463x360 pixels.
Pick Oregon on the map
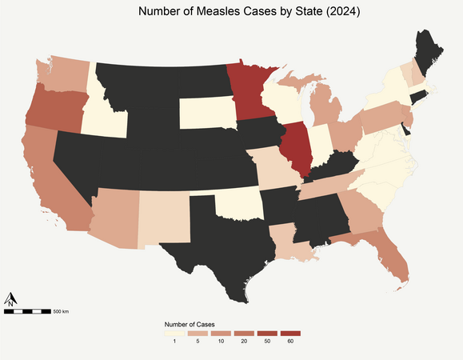coord(53,108)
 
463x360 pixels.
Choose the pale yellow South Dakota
coord(205,114)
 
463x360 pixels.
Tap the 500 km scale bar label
coord(61,310)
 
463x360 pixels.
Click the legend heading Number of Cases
coord(189,324)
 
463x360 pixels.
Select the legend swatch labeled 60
coord(290,333)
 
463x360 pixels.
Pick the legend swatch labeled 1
coord(174,333)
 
